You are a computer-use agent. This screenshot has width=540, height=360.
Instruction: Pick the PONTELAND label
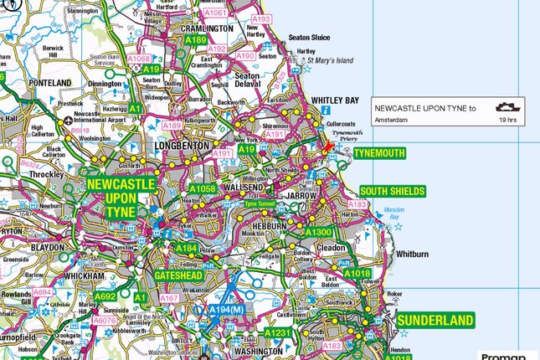50,83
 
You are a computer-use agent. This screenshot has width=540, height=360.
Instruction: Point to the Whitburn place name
414,254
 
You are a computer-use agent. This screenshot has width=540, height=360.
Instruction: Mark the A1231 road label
279,332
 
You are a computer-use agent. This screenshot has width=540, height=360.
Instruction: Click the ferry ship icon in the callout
505,107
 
